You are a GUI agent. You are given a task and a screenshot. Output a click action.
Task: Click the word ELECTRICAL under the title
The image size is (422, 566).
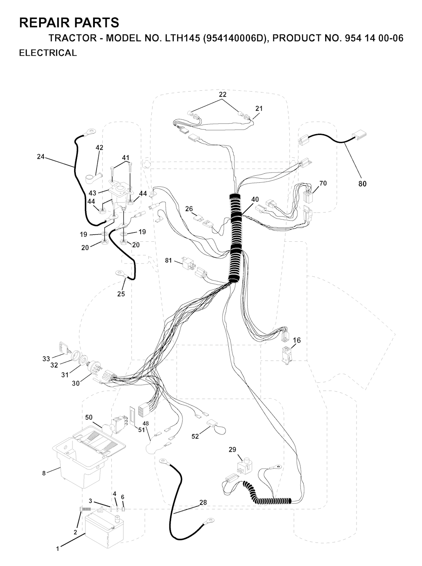point(48,53)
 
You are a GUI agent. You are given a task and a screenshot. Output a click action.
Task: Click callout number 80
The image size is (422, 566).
point(362,184)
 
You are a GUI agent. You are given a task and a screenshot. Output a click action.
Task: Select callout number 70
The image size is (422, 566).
point(323,183)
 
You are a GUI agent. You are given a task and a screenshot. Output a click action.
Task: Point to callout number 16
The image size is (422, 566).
point(297,340)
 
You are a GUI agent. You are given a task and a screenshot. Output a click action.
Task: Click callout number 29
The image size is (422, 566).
point(232,449)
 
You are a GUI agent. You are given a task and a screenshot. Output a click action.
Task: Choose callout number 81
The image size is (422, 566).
point(168,260)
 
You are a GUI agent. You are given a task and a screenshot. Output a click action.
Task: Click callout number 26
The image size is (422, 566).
point(189,209)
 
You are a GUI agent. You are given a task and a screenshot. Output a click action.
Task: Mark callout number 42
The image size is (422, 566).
point(99,148)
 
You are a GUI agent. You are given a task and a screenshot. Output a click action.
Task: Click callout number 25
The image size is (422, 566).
point(121,294)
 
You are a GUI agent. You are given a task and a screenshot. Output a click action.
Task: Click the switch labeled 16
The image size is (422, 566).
point(286,355)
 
